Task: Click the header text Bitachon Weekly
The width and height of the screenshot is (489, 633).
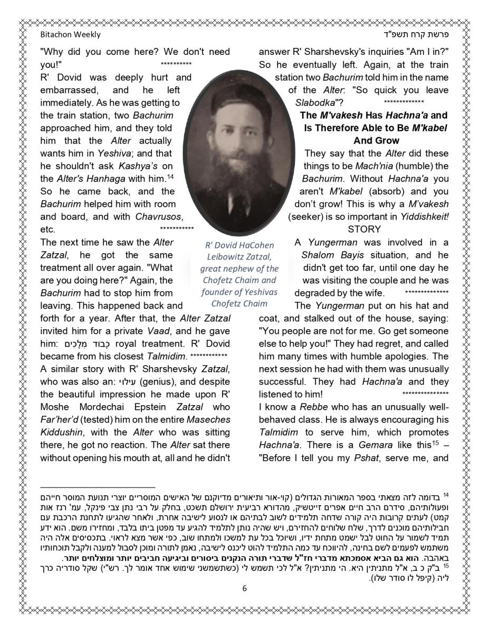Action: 70,35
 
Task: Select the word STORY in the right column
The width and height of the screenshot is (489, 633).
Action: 364,229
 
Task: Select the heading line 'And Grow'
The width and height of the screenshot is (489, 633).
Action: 376,141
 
